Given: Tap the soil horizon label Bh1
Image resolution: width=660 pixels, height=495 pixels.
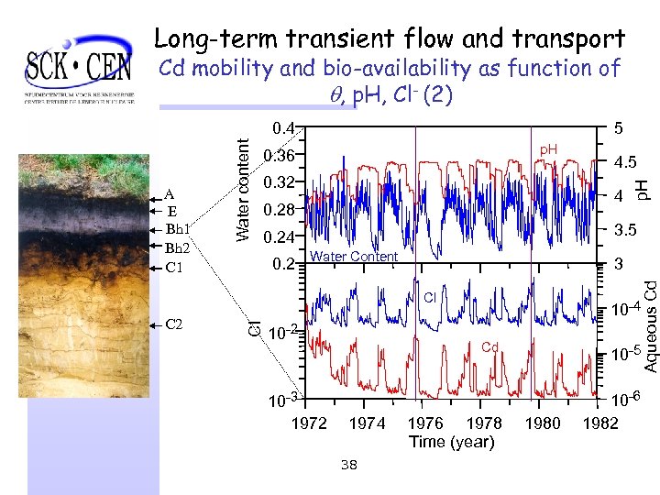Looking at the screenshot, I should (178, 228).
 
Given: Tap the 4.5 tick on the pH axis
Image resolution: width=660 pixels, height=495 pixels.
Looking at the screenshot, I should (626, 163).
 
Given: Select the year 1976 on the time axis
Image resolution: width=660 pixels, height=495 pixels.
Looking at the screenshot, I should (424, 423).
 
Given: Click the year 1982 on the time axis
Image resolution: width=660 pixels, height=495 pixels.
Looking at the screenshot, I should (599, 423).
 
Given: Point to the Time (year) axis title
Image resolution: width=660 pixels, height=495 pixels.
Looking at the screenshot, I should (452, 442).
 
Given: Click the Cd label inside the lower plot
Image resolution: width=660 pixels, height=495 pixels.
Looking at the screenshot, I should (490, 347).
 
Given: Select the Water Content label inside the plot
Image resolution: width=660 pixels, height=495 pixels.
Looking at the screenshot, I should (354, 257).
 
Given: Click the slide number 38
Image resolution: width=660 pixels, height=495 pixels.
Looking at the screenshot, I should (347, 466).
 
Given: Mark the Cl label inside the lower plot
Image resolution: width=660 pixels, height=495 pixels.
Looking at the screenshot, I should (430, 296).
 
